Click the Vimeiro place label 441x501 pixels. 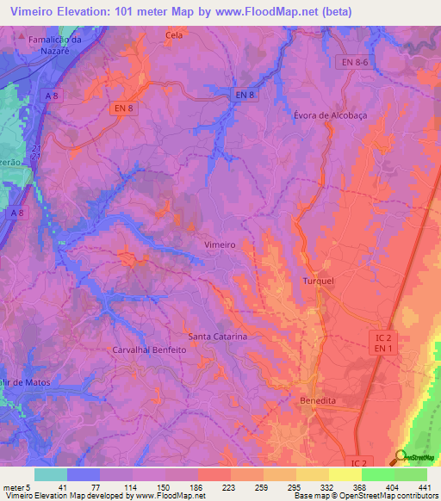220,244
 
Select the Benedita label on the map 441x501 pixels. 317,401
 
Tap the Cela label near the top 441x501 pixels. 175,35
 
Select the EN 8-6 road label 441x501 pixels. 351,63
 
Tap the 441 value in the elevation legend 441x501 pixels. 425,486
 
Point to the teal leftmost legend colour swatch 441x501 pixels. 50,474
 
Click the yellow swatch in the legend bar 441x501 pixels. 345,474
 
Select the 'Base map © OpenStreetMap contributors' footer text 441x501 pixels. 364,496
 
